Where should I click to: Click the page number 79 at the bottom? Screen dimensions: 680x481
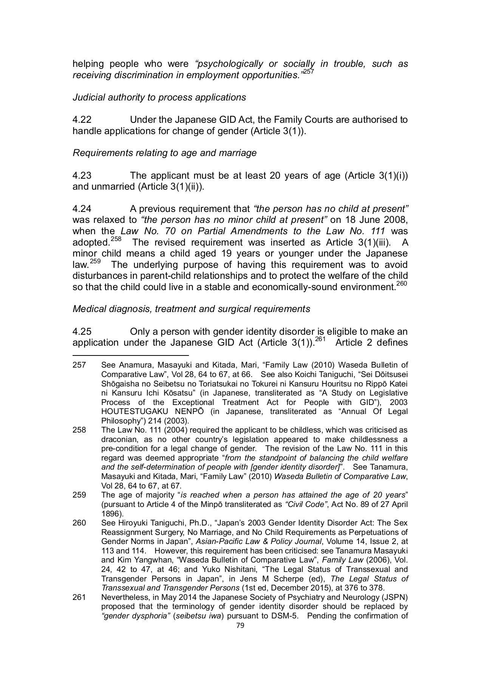(240, 625)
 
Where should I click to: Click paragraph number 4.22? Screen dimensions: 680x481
(82, 120)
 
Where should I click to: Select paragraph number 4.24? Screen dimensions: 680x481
(82, 209)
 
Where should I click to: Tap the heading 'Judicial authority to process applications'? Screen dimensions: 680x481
(159, 97)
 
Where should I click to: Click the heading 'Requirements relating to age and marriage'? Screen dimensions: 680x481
(164, 153)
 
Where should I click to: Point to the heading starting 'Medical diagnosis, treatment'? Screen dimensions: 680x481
(191, 309)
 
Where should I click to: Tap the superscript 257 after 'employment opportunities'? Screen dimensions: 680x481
(308, 71)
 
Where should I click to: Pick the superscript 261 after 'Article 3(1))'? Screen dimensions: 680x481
(320, 339)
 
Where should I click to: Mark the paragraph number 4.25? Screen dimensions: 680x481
(82, 332)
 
